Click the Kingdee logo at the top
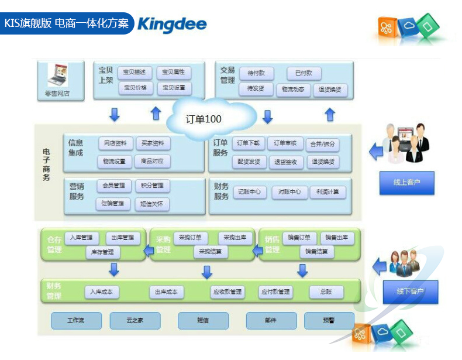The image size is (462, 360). pos(171,24)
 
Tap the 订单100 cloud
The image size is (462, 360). pos(204,119)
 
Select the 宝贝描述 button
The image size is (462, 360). pos(136,72)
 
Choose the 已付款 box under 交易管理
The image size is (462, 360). pos(304,73)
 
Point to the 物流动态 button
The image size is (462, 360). pos(292,90)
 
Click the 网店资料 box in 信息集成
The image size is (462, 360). pos(115,143)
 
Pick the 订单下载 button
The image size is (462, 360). pos(249,143)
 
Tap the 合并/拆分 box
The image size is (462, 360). pos(322,143)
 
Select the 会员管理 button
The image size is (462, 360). pos(113,186)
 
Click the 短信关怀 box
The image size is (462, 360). pos(152,204)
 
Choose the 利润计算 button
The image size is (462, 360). pos(327,191)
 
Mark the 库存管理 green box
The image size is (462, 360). pos(103,252)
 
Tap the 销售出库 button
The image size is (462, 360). pos(337,238)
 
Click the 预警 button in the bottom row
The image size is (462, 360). pos(329,320)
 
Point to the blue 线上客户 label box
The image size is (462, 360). pos(407,183)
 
